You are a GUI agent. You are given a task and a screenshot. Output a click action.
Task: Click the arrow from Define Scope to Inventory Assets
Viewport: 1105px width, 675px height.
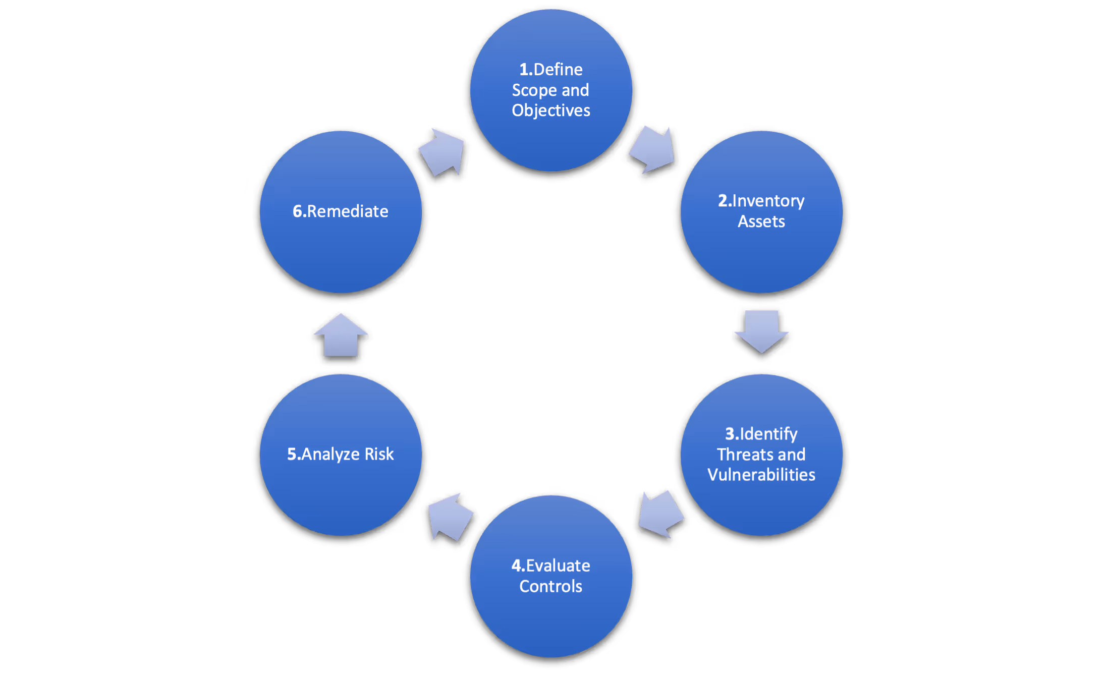(653, 150)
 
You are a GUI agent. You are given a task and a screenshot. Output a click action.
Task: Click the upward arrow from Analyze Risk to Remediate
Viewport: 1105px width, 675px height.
(341, 335)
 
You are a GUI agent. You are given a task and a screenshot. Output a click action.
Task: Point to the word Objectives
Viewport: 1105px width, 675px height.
(550, 110)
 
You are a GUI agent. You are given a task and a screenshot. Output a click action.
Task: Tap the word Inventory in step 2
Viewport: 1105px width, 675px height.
(768, 201)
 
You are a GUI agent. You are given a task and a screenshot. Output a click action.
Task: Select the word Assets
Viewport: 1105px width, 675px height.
(761, 221)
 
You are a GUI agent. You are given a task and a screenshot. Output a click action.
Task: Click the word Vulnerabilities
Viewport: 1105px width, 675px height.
(761, 475)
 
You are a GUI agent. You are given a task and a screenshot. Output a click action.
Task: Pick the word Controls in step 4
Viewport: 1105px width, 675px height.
(550, 586)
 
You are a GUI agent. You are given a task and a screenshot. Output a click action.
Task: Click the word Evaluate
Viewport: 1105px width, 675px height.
(558, 566)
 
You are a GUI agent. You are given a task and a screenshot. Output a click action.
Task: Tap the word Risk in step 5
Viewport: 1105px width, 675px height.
(379, 454)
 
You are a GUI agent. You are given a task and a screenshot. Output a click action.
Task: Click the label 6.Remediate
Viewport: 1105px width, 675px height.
(341, 211)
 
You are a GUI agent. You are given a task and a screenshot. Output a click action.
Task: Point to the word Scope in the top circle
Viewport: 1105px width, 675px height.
(534, 90)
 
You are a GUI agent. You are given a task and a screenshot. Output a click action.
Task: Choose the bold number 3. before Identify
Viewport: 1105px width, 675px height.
(732, 434)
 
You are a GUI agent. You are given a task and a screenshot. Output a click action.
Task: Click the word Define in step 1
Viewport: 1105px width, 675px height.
(558, 69)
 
